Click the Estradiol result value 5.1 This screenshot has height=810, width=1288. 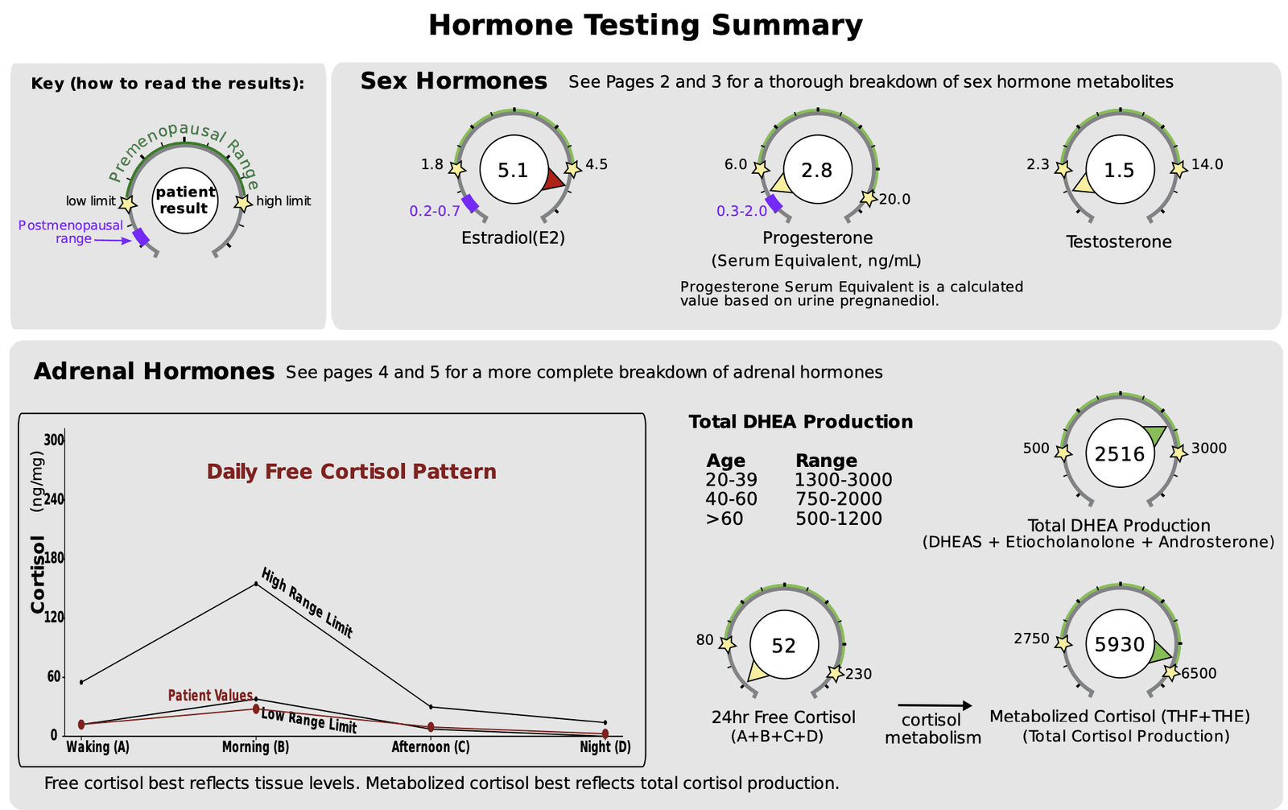click(x=513, y=171)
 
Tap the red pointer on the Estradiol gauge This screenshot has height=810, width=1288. click(x=553, y=180)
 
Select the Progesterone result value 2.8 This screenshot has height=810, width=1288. click(x=816, y=171)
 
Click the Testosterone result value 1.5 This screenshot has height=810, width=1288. click(x=1119, y=171)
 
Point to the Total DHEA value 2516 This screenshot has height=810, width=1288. click(x=1120, y=454)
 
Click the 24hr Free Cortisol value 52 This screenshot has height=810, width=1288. click(x=783, y=646)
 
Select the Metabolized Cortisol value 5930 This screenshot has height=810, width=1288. click(x=1120, y=645)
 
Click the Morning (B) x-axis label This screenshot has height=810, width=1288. click(x=255, y=747)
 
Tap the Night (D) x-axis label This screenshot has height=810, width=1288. click(x=605, y=747)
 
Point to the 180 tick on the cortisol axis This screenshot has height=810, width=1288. click(x=53, y=558)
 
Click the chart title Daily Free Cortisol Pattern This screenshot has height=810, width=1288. click(x=351, y=472)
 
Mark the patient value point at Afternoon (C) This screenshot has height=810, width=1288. click(x=431, y=727)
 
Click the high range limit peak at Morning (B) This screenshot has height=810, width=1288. click(x=256, y=583)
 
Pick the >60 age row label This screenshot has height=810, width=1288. click(x=724, y=519)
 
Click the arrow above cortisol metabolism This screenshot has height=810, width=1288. click(x=934, y=706)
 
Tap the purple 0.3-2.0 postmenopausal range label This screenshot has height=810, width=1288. click(x=741, y=212)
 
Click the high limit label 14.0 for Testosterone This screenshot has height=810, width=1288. click(x=1207, y=164)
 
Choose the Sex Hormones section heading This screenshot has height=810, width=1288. click(x=453, y=81)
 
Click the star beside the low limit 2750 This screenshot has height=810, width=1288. click(x=1063, y=643)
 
